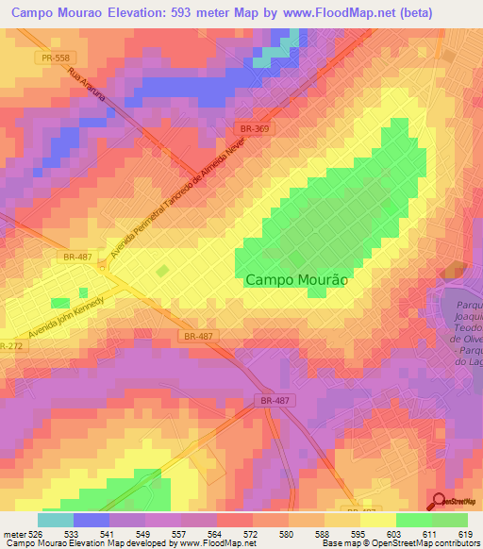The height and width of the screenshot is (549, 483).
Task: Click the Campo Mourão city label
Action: click(297, 280)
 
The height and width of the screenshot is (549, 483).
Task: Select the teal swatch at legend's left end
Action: click(56, 520)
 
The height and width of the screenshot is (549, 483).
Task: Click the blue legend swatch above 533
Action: click(92, 520)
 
